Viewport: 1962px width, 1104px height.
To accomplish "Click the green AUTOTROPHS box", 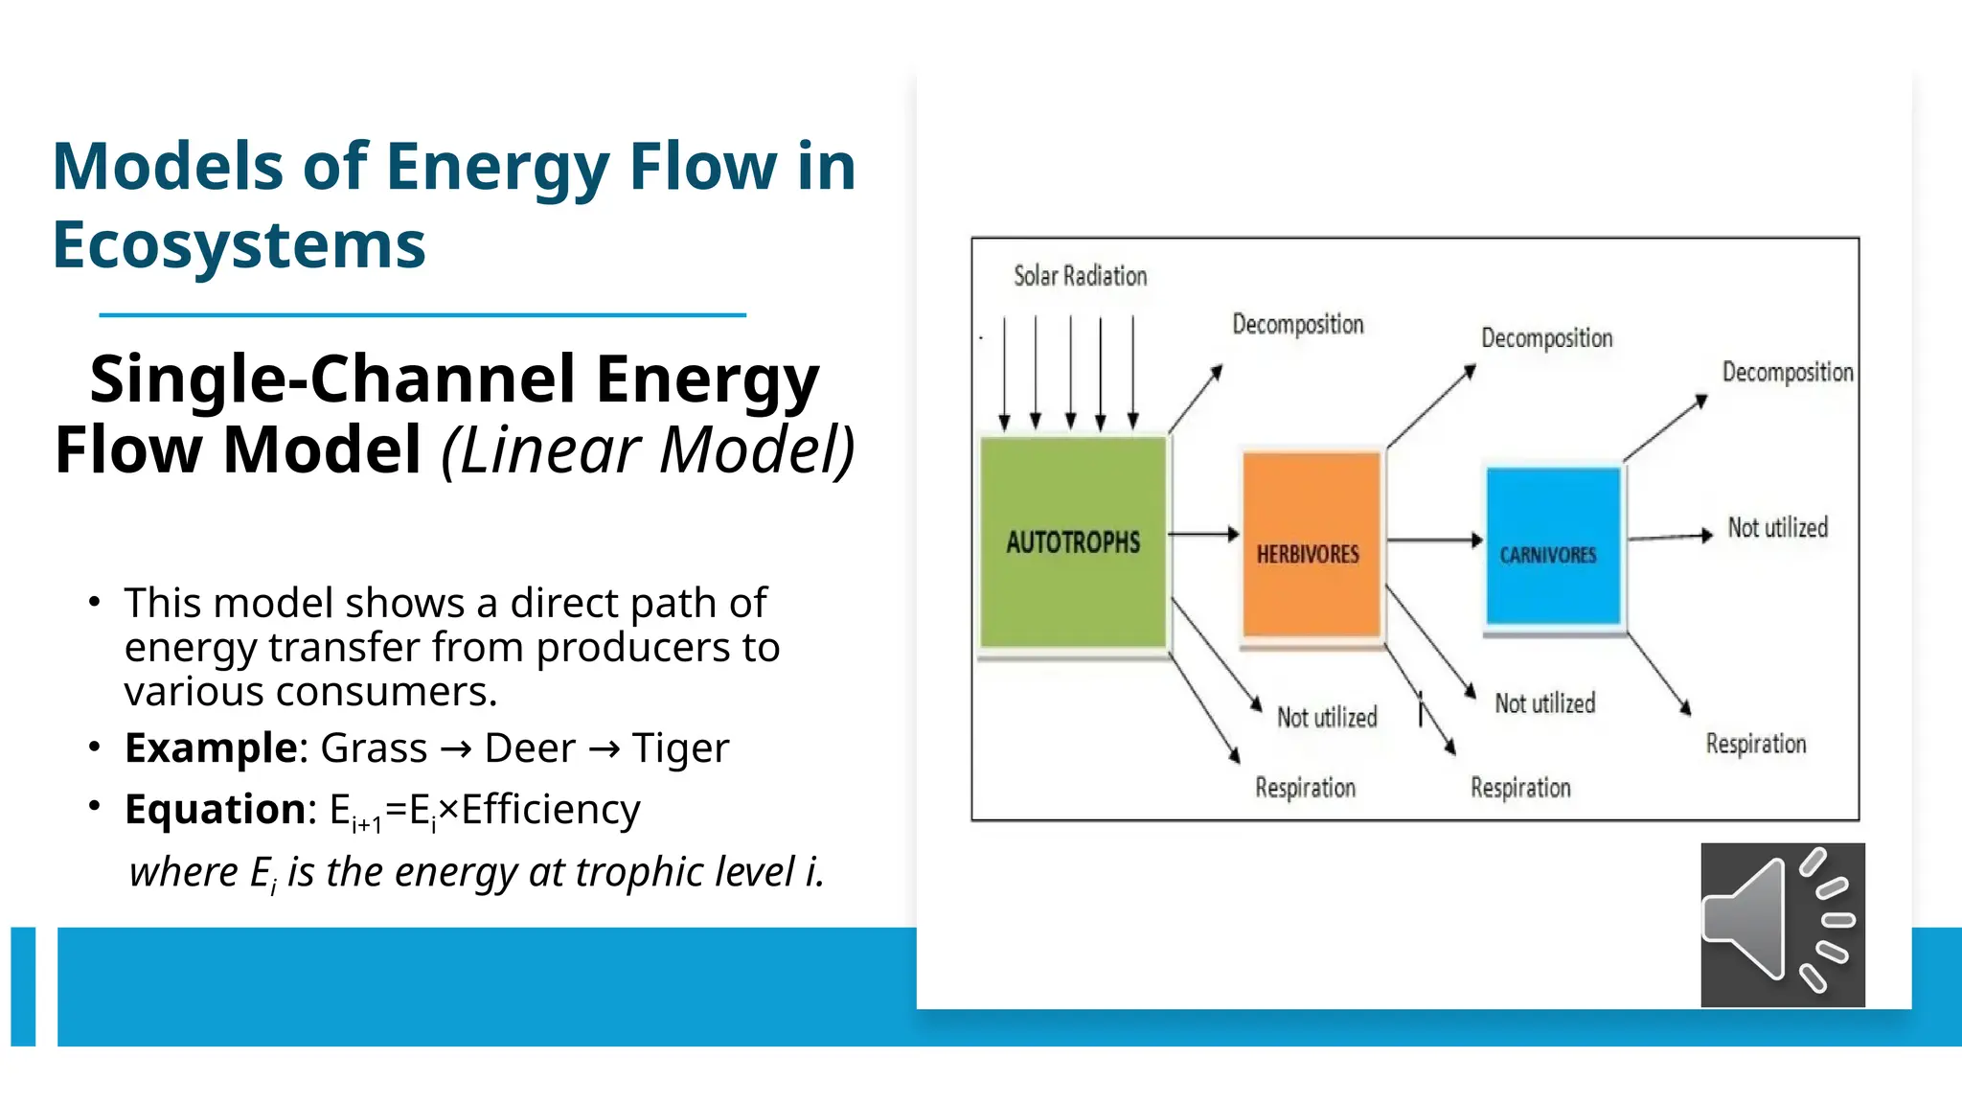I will click(x=1073, y=543).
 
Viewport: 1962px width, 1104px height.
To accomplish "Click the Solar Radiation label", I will click(x=1080, y=276).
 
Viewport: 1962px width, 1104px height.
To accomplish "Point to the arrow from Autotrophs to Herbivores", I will click(x=1203, y=534).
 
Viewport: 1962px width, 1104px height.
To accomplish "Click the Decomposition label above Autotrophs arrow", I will click(x=1297, y=325).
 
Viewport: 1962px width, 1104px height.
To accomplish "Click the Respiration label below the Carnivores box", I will click(x=1755, y=744).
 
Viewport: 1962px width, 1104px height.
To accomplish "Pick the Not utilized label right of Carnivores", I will click(x=1777, y=527).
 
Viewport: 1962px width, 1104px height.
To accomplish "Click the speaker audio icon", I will click(x=1782, y=925).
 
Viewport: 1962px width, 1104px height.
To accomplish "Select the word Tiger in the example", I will click(x=680, y=748).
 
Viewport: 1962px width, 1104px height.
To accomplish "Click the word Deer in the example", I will click(x=530, y=748).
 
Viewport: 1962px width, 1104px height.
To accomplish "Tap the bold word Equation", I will click(x=215, y=810).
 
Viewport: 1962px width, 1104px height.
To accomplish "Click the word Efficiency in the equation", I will click(x=551, y=810).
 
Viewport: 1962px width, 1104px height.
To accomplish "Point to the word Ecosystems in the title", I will click(x=239, y=245).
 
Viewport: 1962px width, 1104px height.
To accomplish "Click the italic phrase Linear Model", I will click(x=648, y=450).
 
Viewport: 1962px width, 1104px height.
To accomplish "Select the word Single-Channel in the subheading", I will click(x=331, y=379).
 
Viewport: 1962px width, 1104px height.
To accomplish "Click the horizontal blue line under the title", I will click(x=422, y=314).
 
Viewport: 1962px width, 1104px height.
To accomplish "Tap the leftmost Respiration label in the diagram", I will click(x=1305, y=788).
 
